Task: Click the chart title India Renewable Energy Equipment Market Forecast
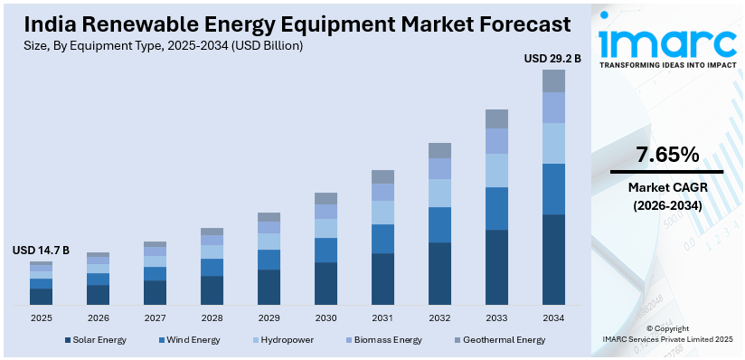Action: pos(290,23)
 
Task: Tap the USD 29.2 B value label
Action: pos(552,59)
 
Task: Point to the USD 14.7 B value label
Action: pos(41,251)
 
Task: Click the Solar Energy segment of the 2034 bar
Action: pos(553,259)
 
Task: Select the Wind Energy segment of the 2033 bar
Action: pos(496,208)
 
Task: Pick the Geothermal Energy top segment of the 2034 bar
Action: pos(553,81)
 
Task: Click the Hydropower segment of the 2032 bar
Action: pos(439,193)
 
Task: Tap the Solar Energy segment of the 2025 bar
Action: pos(41,296)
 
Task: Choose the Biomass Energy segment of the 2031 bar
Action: pos(382,192)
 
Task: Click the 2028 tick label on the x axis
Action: pos(212,317)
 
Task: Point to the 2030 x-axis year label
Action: pos(325,317)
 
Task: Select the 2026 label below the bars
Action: pos(98,317)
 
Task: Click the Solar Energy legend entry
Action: pos(95,340)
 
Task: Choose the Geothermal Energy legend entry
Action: pos(500,340)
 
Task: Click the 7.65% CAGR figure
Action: pos(667,155)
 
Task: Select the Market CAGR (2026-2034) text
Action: pos(667,195)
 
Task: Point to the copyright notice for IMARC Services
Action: pos(667,334)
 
